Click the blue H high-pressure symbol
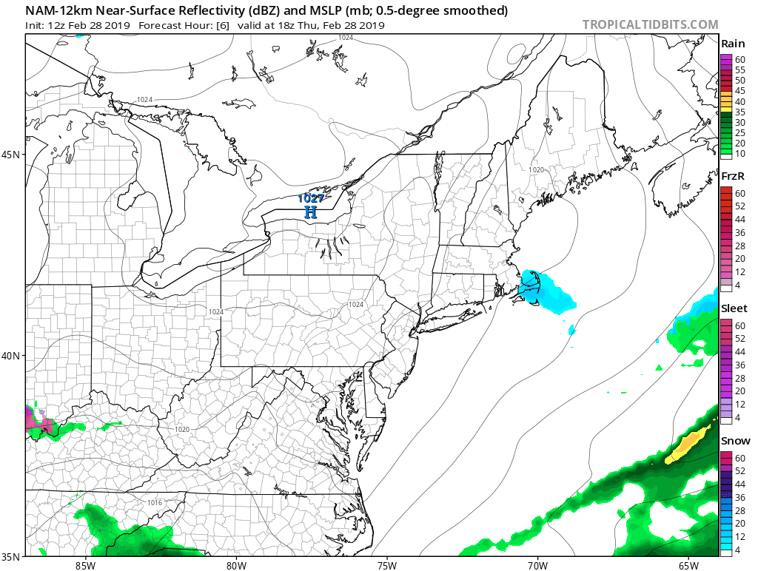311,212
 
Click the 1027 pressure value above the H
311,198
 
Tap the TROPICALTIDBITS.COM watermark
650,24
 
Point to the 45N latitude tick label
13,155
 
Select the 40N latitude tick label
13,356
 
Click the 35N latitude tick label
13,556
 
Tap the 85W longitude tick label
85,566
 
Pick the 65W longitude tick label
688,566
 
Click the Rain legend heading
732,44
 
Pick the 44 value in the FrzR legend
740,220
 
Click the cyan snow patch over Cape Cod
544,290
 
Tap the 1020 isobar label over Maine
536,170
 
